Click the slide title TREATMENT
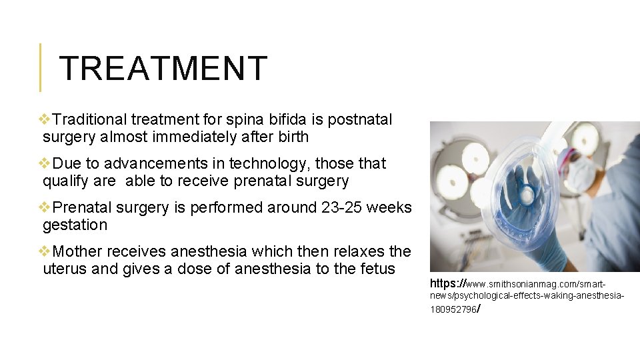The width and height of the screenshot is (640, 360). (163, 68)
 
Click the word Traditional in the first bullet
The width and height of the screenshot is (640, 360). (89, 120)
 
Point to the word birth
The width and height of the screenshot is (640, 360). (294, 137)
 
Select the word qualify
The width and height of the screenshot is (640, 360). (62, 181)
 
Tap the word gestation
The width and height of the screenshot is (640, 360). (75, 225)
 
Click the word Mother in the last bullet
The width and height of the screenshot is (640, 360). (76, 252)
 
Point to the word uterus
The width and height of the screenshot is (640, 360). (62, 269)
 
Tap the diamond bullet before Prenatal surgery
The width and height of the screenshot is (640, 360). (45, 207)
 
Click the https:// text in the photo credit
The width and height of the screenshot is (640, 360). (448, 283)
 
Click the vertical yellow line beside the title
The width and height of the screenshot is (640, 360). (40, 67)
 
